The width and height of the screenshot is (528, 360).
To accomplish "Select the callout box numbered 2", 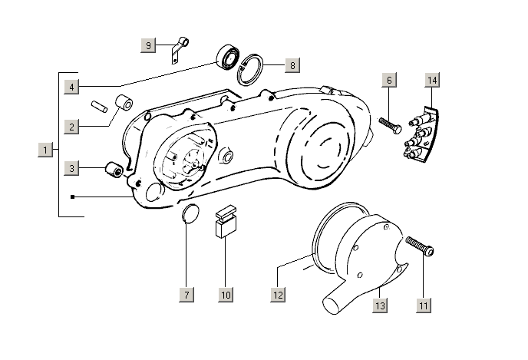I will [71, 126].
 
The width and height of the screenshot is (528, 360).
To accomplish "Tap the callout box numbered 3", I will [71, 168].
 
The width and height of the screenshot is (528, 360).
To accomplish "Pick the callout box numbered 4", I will [71, 86].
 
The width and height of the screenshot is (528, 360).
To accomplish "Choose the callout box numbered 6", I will [389, 80].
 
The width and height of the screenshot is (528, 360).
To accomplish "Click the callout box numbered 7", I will [187, 294].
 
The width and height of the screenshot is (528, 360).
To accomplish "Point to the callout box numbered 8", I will [291, 65].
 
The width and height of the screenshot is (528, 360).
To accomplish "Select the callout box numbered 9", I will [149, 45].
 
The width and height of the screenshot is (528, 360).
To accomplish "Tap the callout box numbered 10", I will [225, 294].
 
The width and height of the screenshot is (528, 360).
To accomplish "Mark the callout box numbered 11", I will [423, 305].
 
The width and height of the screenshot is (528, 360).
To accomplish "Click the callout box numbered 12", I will [278, 294].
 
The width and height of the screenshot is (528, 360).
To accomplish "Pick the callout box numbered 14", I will [433, 80].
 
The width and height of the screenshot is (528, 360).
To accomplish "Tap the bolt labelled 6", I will [389, 124].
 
